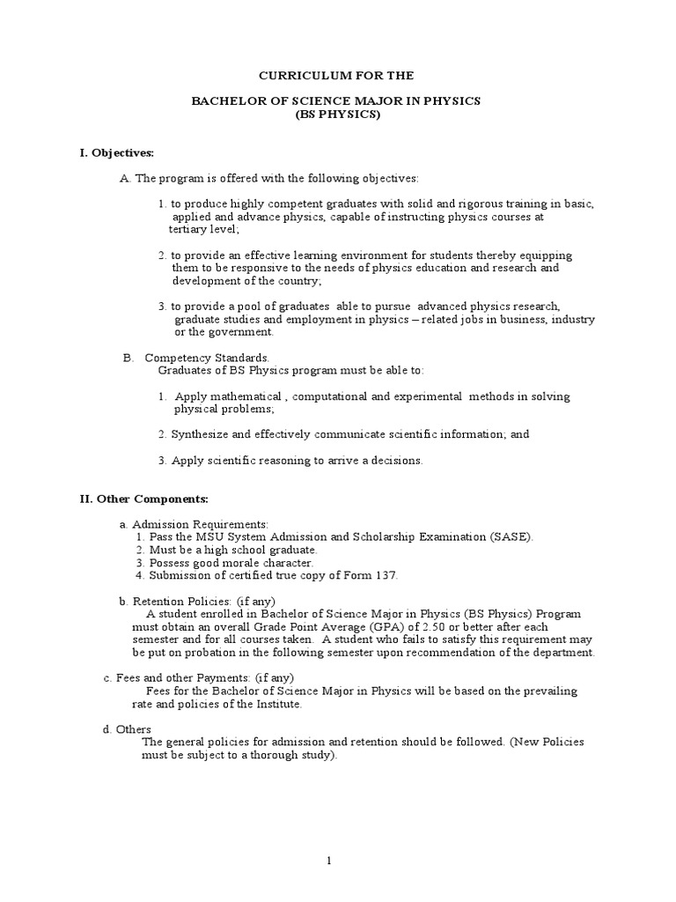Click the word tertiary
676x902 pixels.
coord(190,229)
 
